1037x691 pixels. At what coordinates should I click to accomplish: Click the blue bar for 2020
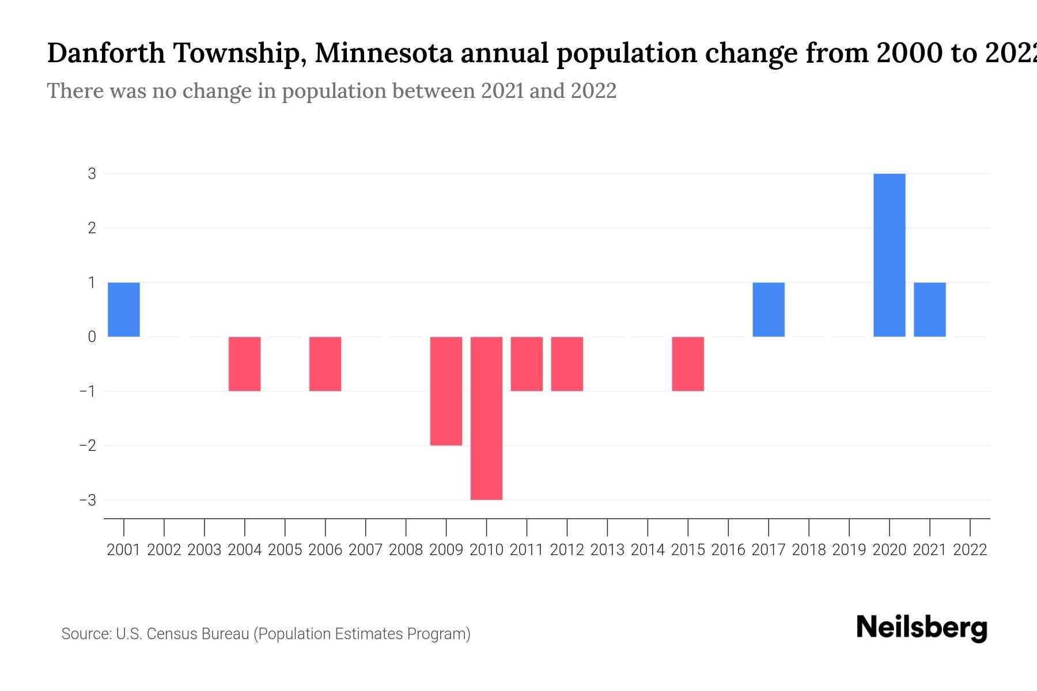[x=889, y=255]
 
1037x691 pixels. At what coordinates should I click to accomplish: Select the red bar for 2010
[x=486, y=418]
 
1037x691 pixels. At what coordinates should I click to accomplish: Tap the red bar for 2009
[x=446, y=391]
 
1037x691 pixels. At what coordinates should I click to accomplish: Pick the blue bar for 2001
[x=124, y=309]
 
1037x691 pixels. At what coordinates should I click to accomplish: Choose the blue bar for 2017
[x=768, y=309]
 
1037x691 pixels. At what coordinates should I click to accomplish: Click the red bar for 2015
[x=688, y=364]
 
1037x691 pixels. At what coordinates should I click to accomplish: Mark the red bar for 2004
[x=245, y=364]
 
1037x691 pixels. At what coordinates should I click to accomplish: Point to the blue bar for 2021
[x=929, y=309]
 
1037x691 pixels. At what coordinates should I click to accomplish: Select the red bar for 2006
[x=325, y=364]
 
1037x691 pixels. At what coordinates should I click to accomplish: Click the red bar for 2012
[x=567, y=364]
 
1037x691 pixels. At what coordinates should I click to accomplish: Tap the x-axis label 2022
[x=970, y=550]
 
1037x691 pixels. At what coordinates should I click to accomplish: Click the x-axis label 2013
[x=607, y=550]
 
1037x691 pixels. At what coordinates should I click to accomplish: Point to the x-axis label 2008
[x=406, y=550]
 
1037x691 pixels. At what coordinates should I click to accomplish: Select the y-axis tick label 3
[x=92, y=173]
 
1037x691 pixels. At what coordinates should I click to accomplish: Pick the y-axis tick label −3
[x=88, y=500]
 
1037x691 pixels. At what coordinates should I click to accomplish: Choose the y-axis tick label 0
[x=92, y=337]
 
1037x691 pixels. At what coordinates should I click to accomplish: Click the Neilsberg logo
[x=922, y=628]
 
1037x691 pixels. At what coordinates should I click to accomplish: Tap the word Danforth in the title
[x=105, y=53]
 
